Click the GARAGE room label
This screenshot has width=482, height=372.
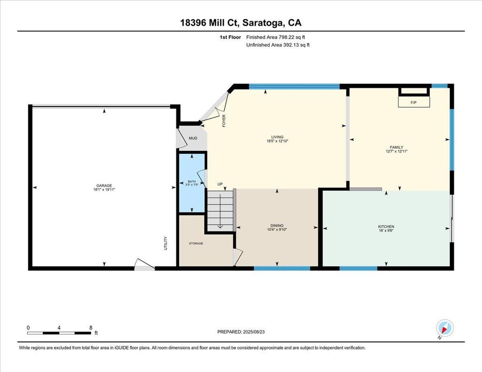(104, 186)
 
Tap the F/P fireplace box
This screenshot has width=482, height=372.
(414, 102)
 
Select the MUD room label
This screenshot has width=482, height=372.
(193, 138)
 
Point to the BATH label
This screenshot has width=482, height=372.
(192, 182)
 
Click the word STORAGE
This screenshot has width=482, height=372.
(196, 243)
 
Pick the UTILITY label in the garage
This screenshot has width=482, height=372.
(166, 243)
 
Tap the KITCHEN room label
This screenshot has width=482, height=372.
(386, 227)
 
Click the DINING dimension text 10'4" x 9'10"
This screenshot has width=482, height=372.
(277, 230)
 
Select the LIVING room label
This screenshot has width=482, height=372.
(277, 137)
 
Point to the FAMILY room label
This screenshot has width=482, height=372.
(396, 147)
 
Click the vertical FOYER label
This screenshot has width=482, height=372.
(224, 121)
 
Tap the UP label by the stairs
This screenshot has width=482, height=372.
(220, 184)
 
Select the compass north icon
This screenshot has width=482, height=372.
(444, 329)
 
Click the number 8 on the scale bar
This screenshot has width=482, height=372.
(91, 328)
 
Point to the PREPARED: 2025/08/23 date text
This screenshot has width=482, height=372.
(241, 332)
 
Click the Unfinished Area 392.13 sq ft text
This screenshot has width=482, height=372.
(278, 45)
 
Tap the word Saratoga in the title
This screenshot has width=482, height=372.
(263, 23)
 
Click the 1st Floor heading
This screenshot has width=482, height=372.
(230, 37)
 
